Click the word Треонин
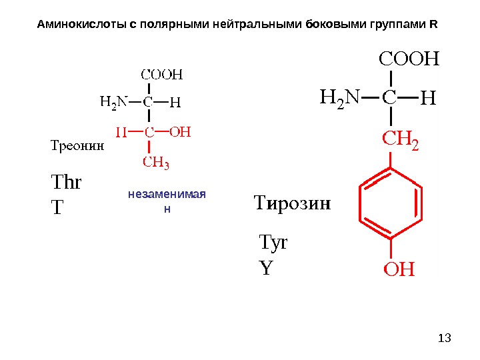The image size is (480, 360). pyautogui.click(x=77, y=143)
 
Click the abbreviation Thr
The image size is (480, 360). pyautogui.click(x=65, y=181)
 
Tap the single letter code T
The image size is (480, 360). pyautogui.click(x=57, y=208)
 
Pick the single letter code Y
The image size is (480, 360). pyautogui.click(x=266, y=269)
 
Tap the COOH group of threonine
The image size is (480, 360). pyautogui.click(x=160, y=73)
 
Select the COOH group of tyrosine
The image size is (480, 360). pyautogui.click(x=409, y=59)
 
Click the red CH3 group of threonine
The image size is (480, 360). pyautogui.click(x=157, y=161)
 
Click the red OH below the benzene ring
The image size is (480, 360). pyautogui.click(x=398, y=270)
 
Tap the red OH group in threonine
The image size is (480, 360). pyautogui.click(x=180, y=132)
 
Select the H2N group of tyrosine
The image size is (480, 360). pyautogui.click(x=339, y=99)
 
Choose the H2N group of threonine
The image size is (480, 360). pyautogui.click(x=113, y=103)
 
